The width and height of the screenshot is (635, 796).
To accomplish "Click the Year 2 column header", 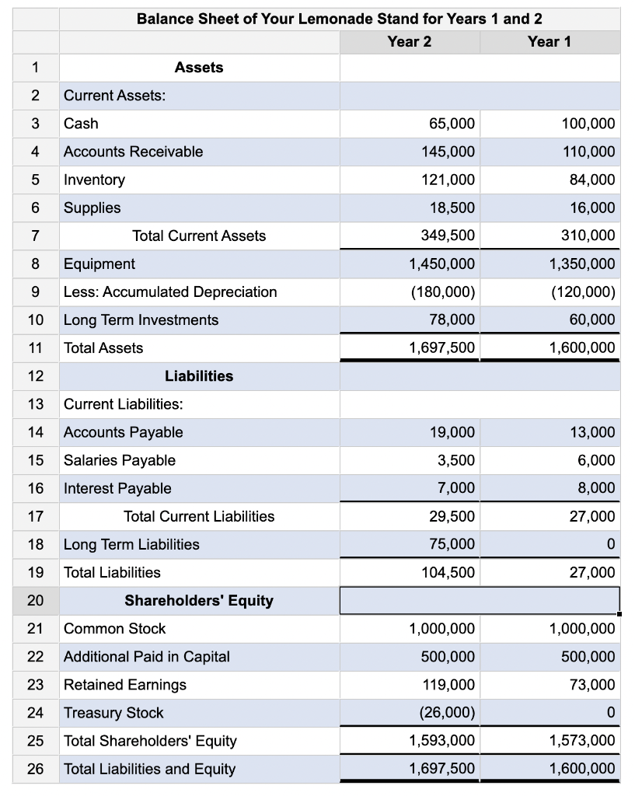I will pos(409,41).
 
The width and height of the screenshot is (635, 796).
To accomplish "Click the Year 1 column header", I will pos(549,41).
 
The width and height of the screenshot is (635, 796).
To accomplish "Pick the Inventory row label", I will pos(94,180).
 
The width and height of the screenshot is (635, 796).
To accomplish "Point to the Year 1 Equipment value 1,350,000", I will pos(581,264).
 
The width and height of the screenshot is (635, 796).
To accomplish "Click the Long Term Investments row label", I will pos(141,319).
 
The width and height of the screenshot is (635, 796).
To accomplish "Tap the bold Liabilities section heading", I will pos(199,376).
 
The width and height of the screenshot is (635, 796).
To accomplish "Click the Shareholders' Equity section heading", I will pos(199,600).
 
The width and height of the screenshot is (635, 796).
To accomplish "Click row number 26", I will pos(35,769).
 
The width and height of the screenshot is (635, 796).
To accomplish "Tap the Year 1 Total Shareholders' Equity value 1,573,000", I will pos(581,741).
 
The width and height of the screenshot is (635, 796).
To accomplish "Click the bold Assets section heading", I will pos(199,68).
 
